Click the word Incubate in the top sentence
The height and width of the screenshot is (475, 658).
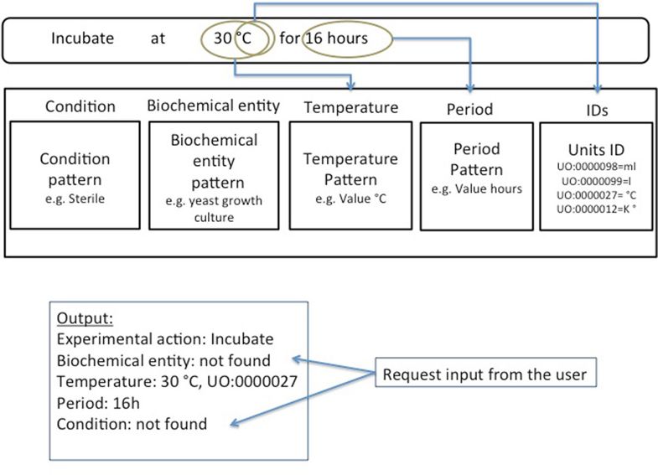(x=82, y=39)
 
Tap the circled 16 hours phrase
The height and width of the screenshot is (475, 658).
(x=337, y=39)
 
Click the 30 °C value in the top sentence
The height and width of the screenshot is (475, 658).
(x=232, y=39)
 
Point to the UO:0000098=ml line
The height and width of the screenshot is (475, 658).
(x=596, y=167)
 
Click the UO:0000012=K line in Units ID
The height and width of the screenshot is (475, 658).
(x=596, y=209)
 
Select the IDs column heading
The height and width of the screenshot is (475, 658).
(x=597, y=111)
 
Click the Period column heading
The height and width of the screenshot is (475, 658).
(x=469, y=109)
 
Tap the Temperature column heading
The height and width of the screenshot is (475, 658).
(x=351, y=107)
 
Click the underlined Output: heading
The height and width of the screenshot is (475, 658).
(x=85, y=318)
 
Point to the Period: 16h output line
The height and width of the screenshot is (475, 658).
(x=98, y=403)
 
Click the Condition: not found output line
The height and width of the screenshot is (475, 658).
(x=132, y=424)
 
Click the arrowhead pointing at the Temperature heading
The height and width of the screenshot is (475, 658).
(x=351, y=86)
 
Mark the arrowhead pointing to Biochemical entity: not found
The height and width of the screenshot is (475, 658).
(x=296, y=359)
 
